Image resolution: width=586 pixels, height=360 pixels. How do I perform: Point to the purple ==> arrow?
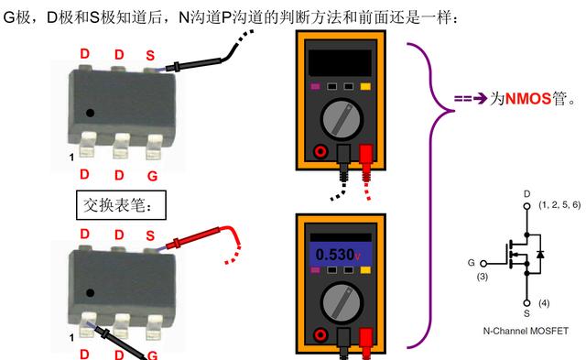[x=471, y=98]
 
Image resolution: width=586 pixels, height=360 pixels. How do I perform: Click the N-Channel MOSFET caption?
[x=526, y=331]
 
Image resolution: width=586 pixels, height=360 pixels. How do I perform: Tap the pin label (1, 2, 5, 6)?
[x=559, y=205]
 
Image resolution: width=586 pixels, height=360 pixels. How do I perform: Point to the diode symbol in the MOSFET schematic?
[x=541, y=251]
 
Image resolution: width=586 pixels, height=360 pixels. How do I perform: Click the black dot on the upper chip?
[x=90, y=113]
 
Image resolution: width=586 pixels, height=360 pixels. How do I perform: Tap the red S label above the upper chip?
[x=151, y=56]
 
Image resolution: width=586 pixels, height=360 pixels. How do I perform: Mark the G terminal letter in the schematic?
[x=472, y=262]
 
